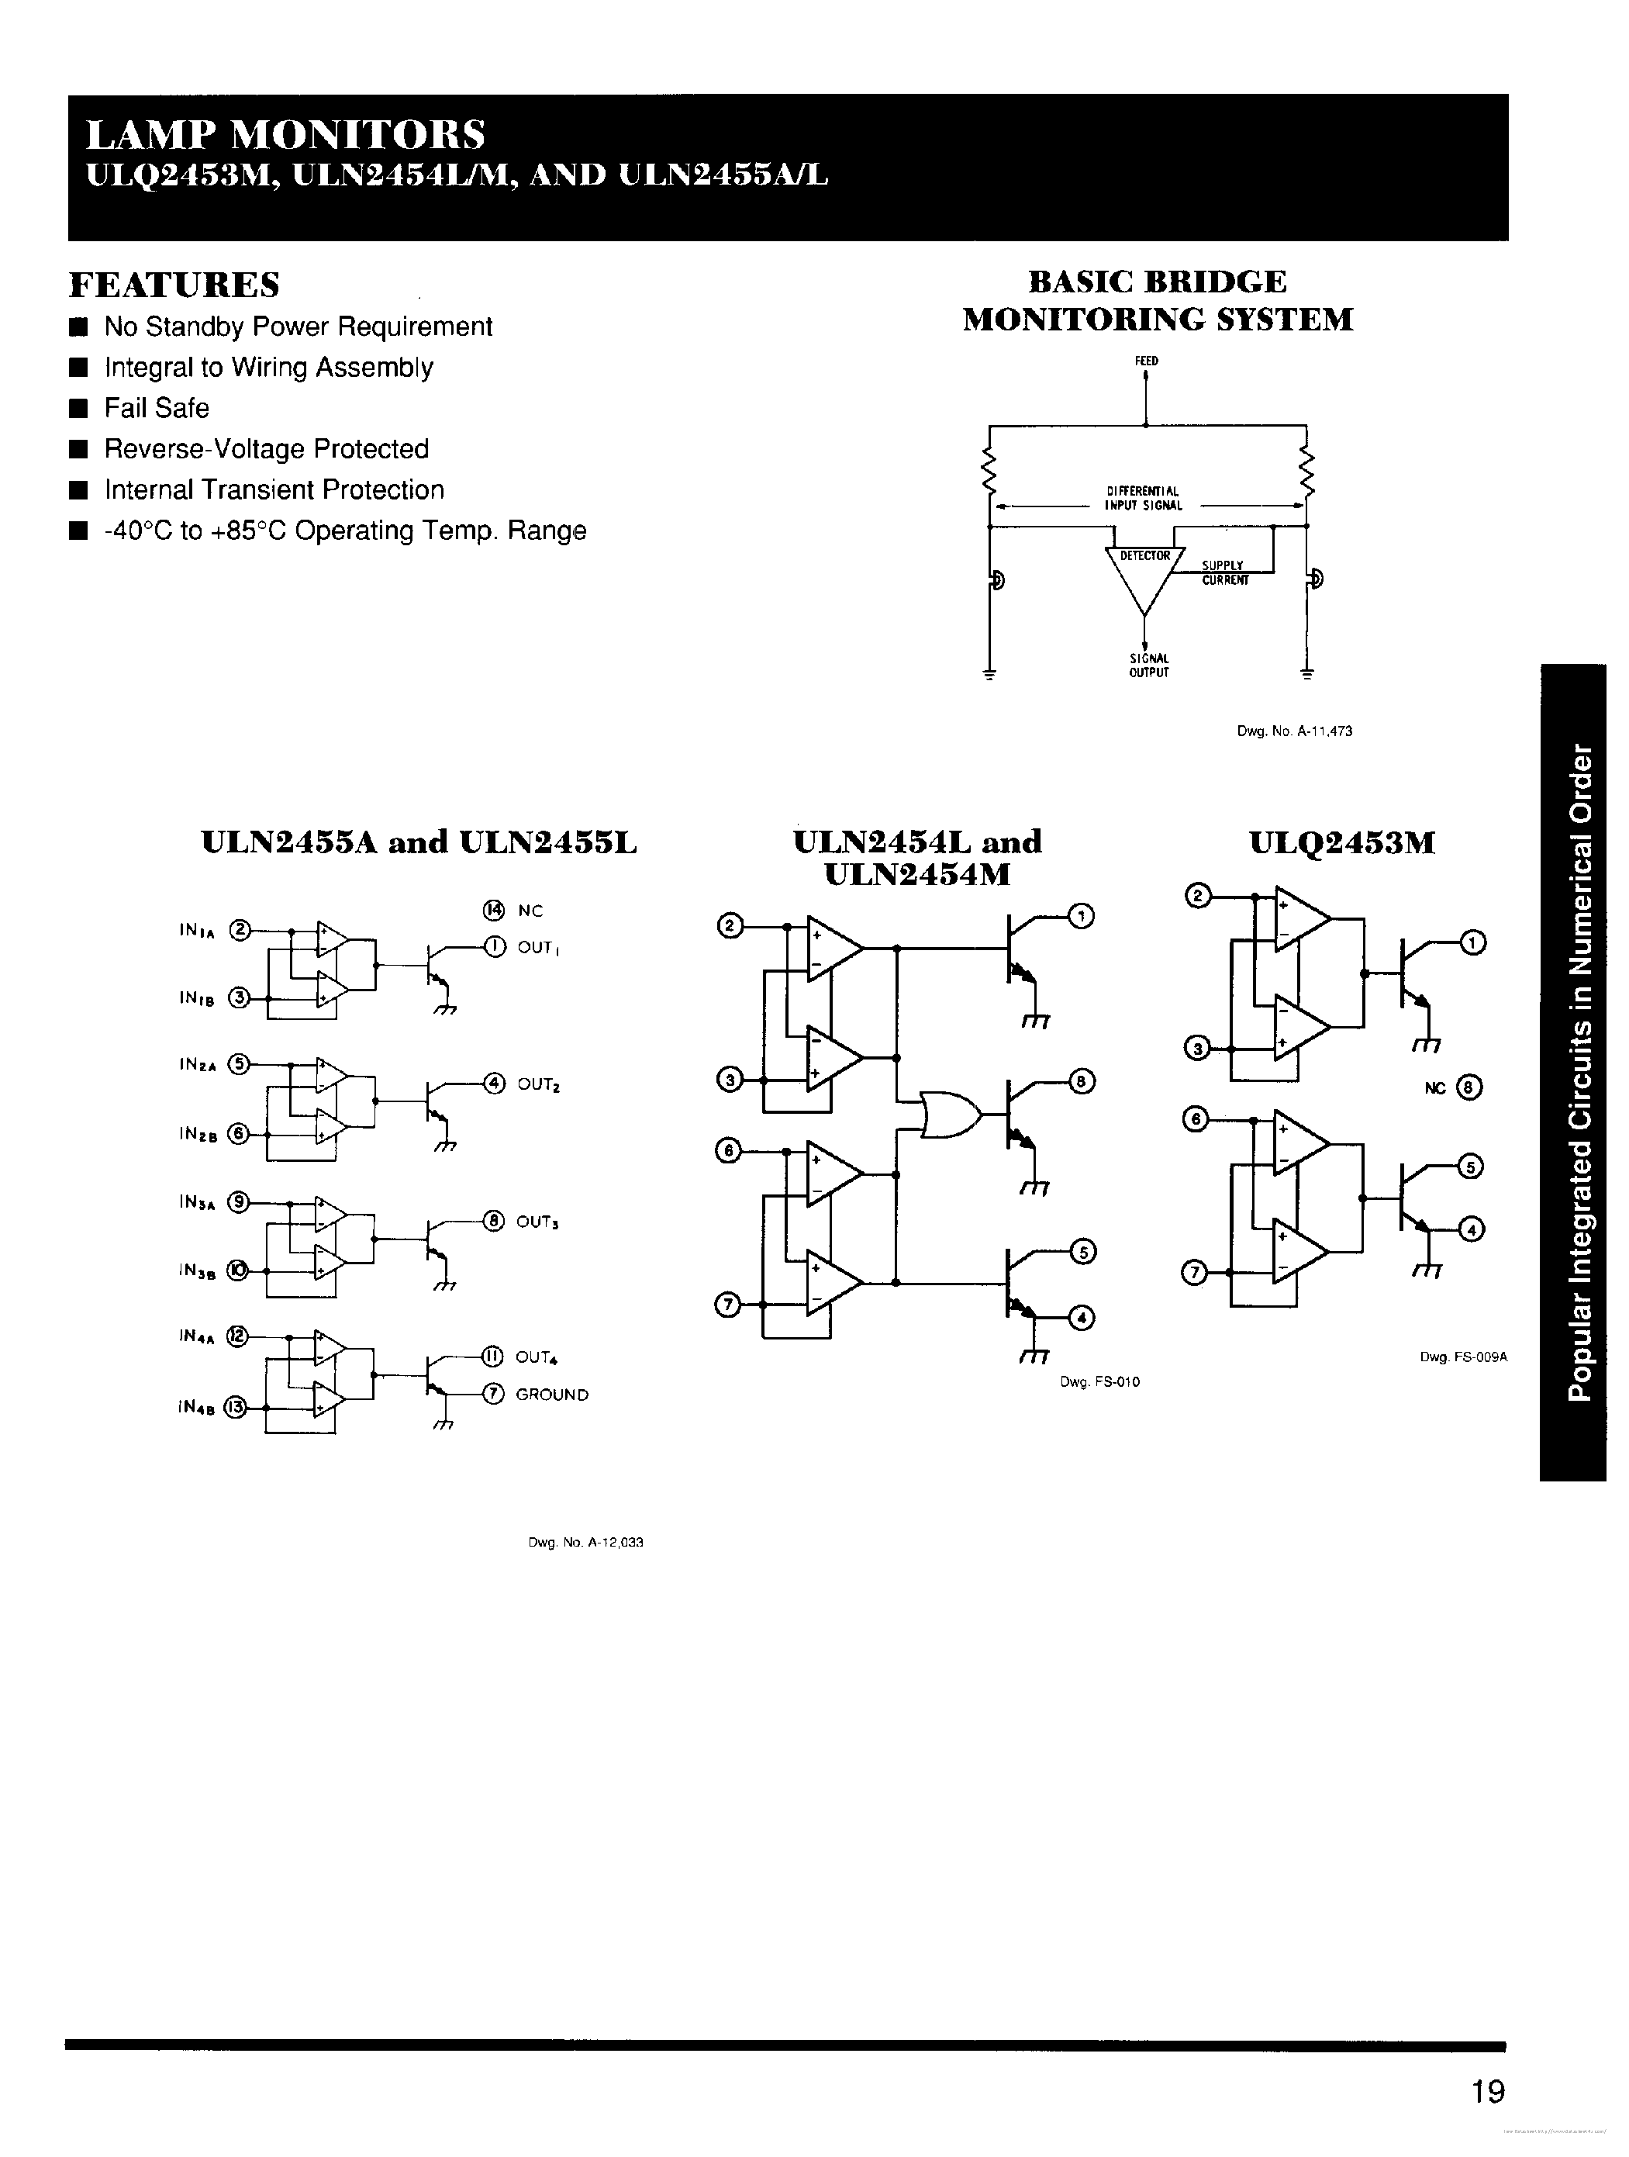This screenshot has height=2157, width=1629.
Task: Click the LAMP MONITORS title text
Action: click(x=285, y=133)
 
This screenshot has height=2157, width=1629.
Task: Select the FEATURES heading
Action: click(x=174, y=285)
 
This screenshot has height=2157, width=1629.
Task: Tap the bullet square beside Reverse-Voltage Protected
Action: click(x=79, y=450)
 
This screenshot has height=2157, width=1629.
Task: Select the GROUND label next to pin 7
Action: click(x=552, y=1395)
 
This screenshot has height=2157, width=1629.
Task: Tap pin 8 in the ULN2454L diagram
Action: click(x=1082, y=1081)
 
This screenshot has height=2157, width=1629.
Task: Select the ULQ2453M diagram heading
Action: click(x=1341, y=842)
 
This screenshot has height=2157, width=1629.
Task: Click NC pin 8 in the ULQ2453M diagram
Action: click(x=1469, y=1087)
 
